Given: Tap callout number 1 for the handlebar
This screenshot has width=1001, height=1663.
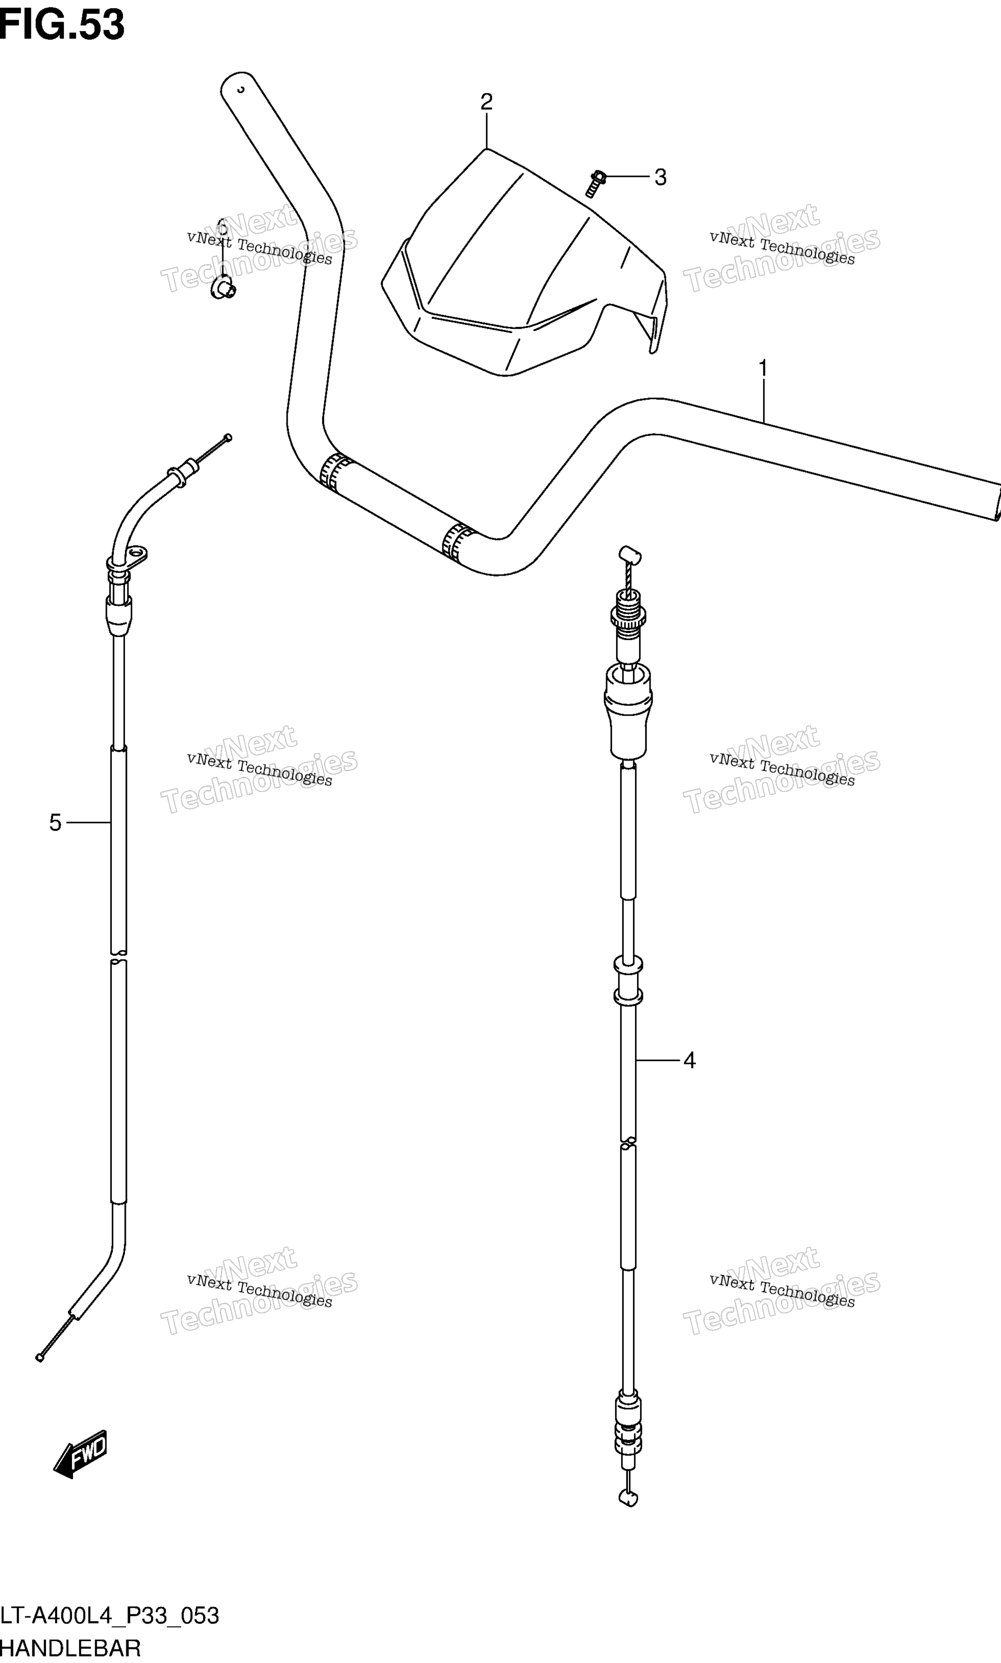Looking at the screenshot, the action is click(x=763, y=368).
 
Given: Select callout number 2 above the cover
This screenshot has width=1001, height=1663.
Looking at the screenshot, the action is click(x=487, y=102).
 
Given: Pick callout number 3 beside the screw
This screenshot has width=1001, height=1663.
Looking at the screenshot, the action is click(x=660, y=177).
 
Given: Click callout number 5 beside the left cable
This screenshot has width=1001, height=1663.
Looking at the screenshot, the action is click(x=55, y=823).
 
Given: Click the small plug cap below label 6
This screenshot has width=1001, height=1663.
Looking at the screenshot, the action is click(x=223, y=288).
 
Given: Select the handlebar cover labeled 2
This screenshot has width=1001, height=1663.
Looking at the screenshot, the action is click(x=525, y=262).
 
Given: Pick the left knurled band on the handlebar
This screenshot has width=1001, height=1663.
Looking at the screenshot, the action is click(x=335, y=472).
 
